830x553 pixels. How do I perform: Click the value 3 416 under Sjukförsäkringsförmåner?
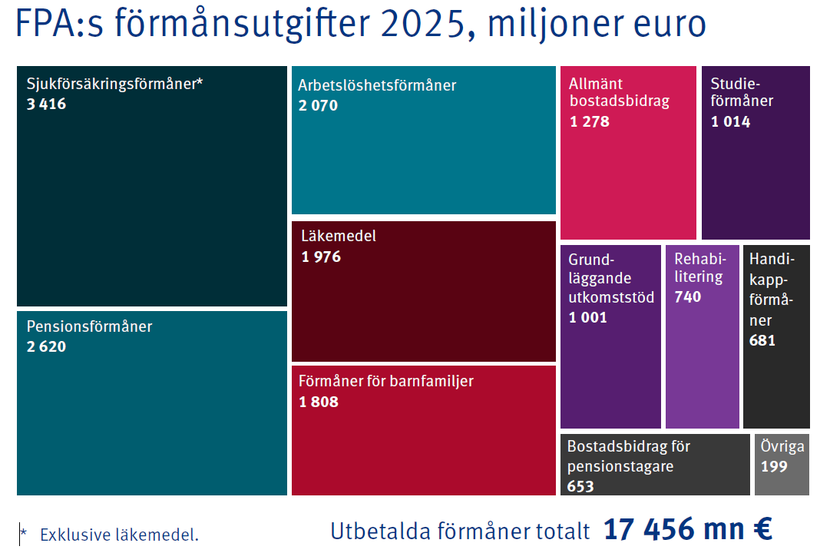[46, 104]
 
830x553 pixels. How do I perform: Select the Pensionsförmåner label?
[89, 326]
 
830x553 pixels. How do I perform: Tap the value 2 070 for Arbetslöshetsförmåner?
[318, 106]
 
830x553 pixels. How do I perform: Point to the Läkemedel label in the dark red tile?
[339, 237]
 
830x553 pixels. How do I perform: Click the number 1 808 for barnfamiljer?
[319, 402]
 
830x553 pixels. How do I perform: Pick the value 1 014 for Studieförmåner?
[730, 121]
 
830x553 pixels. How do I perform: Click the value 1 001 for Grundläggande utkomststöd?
[587, 317]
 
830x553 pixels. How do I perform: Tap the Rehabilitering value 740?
[687, 296]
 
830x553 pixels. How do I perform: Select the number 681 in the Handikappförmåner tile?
[762, 340]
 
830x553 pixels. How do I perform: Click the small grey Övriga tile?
[782, 465]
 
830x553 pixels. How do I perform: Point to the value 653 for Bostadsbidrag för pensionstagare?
[580, 486]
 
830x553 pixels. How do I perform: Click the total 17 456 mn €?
[687, 530]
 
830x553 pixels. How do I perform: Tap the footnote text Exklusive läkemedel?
[119, 535]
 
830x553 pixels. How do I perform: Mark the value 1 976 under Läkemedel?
[321, 257]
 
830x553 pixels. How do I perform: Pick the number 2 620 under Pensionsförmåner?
[46, 346]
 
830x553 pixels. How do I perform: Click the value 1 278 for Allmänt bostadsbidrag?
[589, 121]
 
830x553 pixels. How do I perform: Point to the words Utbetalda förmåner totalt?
[460, 531]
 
